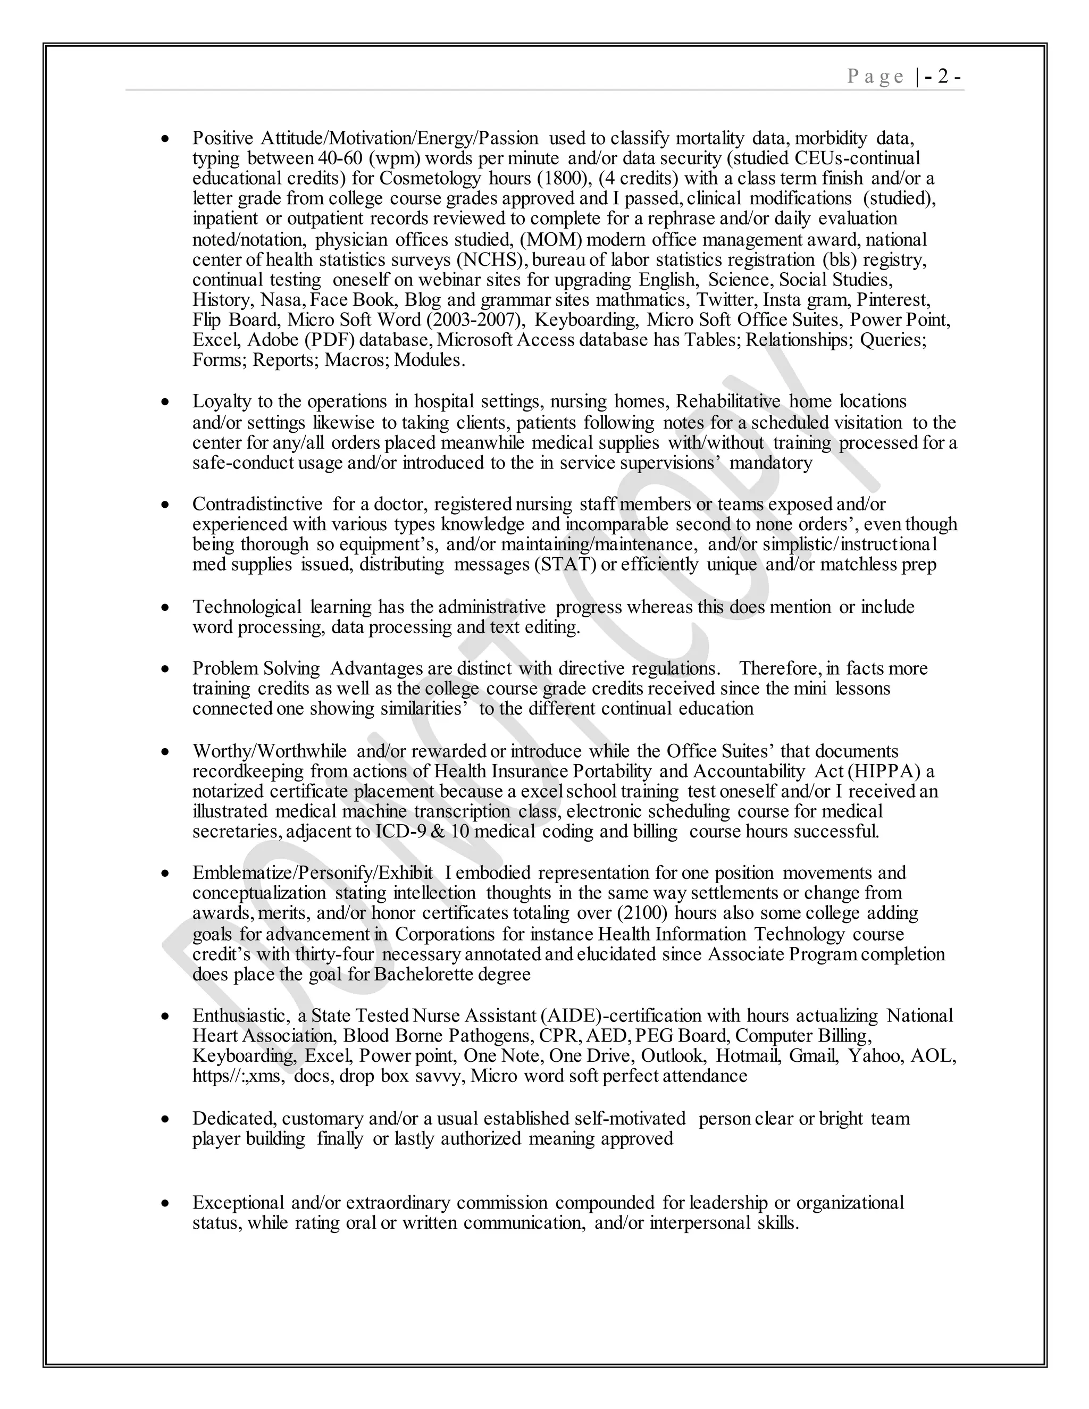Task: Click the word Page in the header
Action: click(875, 77)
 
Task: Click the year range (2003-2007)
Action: click(485, 320)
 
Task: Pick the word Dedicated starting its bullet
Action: click(234, 1118)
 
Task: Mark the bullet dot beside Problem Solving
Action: click(166, 669)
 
